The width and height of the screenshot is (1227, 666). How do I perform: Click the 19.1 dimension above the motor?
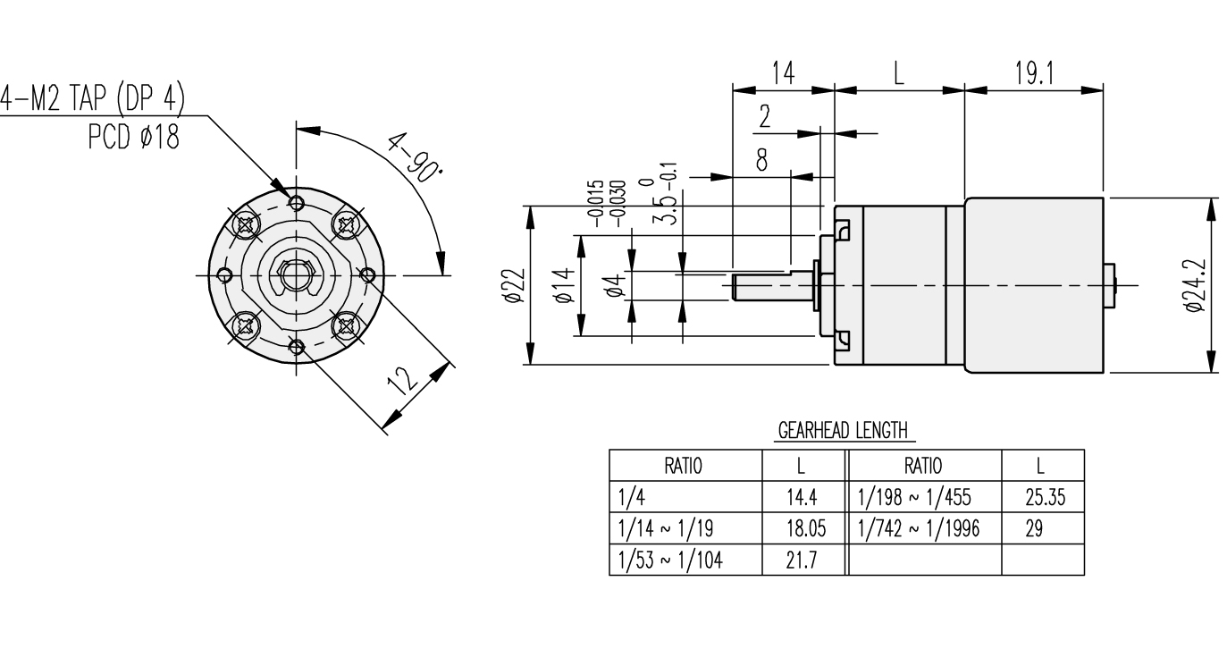(1034, 74)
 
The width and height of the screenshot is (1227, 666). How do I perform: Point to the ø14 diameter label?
(563, 286)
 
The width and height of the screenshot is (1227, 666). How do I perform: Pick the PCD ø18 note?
(132, 136)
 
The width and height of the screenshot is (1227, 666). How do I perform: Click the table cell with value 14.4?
(802, 497)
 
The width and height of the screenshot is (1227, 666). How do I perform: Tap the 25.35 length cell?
(1043, 497)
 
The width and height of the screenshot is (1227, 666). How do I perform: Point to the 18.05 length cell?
(802, 528)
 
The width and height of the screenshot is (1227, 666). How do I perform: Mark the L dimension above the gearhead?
(899, 74)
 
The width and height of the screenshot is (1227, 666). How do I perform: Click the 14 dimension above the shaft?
(783, 74)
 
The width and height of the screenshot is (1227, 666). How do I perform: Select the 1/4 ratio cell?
(685, 497)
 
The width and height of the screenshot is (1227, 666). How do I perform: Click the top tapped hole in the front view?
(298, 201)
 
